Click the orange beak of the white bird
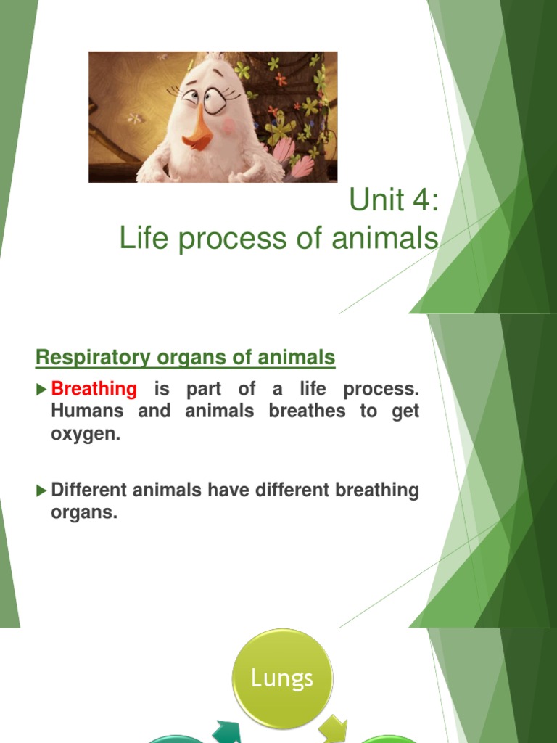tap(198, 134)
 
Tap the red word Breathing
tap(94, 389)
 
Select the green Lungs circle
tap(282, 678)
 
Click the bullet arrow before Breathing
tap(41, 390)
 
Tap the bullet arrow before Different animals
tap(41, 491)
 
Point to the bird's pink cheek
tap(230, 126)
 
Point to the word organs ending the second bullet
tap(84, 513)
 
